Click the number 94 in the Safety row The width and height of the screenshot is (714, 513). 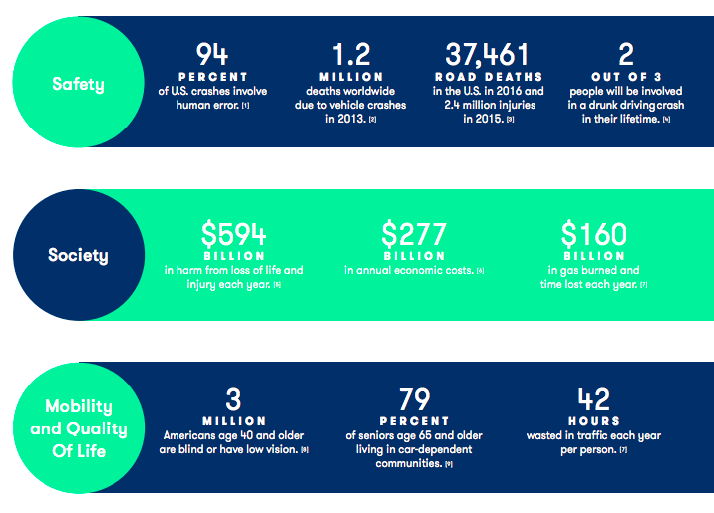click(212, 53)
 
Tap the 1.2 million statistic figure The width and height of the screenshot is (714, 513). click(352, 53)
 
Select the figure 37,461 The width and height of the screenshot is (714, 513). click(488, 53)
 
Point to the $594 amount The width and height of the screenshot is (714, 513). click(233, 233)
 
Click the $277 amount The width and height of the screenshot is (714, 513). click(413, 233)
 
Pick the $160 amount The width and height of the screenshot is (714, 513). click(593, 233)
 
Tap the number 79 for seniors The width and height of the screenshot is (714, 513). click(413, 399)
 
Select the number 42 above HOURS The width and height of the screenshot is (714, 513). click(593, 399)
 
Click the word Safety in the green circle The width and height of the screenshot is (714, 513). click(80, 83)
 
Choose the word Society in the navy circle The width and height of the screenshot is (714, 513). click(78, 256)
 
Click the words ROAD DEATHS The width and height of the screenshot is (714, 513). click(488, 76)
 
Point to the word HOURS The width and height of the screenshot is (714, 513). click(593, 421)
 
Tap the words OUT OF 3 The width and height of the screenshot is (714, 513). click(625, 76)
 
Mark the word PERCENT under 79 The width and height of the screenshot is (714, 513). click(413, 421)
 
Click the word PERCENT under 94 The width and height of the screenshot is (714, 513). click(212, 76)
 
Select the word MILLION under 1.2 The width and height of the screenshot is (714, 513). click(352, 76)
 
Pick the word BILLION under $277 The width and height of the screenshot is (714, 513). click(413, 255)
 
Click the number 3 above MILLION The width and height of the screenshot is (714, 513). click(233, 399)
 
